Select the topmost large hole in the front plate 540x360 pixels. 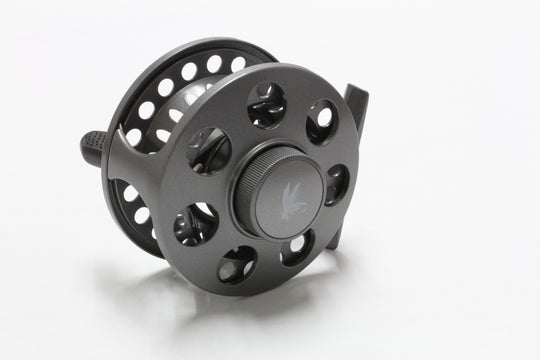(x=267, y=104)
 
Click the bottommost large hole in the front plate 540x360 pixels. (x=239, y=265)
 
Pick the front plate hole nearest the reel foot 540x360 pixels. (x=322, y=122)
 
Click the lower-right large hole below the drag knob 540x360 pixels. (x=297, y=246)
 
